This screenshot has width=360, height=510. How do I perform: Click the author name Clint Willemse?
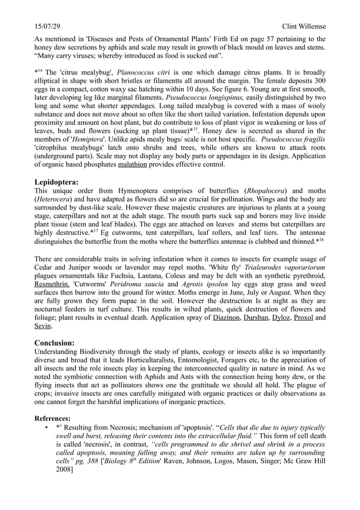[304, 27]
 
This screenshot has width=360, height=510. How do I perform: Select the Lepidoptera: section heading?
[56, 182]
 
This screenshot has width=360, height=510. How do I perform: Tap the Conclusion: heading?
[54, 343]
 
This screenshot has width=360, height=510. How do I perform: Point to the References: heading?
[52, 419]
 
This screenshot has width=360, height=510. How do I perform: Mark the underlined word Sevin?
[43, 326]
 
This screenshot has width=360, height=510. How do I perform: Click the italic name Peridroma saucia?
[135, 294]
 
